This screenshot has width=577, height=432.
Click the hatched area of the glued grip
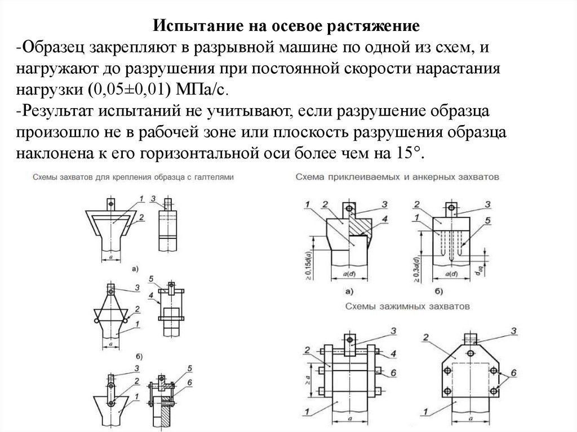pos(358,228)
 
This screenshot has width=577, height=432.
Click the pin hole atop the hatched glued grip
pos(349,208)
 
